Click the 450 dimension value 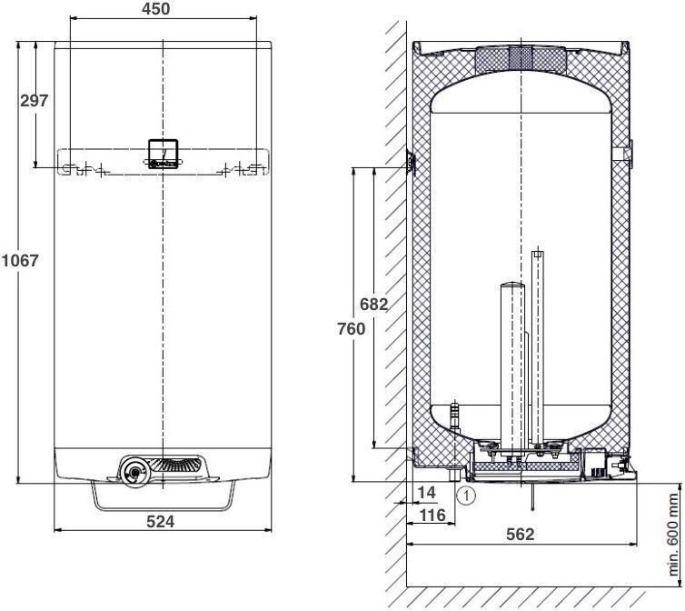pyautogui.click(x=156, y=9)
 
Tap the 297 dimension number pyautogui.click(x=35, y=101)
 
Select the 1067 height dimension pyautogui.click(x=20, y=261)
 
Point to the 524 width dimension pyautogui.click(x=160, y=521)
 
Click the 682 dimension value pyautogui.click(x=373, y=304)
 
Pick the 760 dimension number pyautogui.click(x=352, y=328)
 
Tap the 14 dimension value pyautogui.click(x=426, y=493)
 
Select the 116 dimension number pyautogui.click(x=432, y=516)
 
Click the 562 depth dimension pyautogui.click(x=521, y=534)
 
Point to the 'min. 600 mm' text pyautogui.click(x=673, y=535)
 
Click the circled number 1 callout pyautogui.click(x=466, y=496)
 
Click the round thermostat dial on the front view pyautogui.click(x=134, y=472)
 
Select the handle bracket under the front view pyautogui.click(x=164, y=508)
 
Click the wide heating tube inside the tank pyautogui.click(x=512, y=367)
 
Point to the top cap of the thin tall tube pyautogui.click(x=538, y=254)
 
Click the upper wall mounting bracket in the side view pyautogui.click(x=411, y=162)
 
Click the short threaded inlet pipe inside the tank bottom pyautogui.click(x=455, y=416)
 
